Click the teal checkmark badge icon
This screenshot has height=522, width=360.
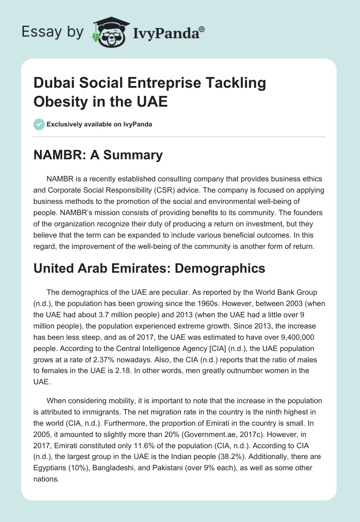point(39,124)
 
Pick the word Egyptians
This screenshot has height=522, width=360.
point(50,466)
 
